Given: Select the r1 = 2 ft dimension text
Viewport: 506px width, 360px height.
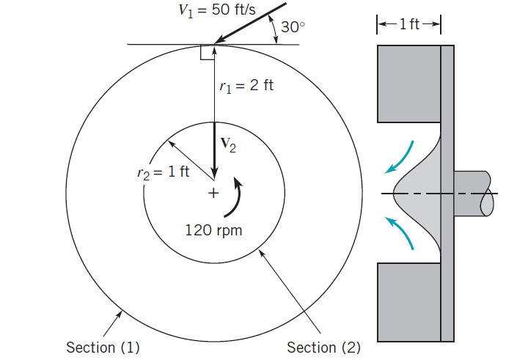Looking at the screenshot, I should click(246, 86).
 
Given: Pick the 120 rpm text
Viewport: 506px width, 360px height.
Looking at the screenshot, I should click(213, 230).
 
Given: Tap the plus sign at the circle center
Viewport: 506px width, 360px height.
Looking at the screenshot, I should click(213, 194).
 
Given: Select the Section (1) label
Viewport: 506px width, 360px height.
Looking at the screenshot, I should click(103, 346).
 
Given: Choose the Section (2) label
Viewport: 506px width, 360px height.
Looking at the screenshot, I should click(323, 346).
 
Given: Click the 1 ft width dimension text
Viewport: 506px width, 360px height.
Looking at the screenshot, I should click(409, 25).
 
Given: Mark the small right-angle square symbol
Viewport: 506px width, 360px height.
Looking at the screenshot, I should click(206, 52).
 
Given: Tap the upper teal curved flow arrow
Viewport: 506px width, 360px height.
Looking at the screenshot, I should click(404, 155).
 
